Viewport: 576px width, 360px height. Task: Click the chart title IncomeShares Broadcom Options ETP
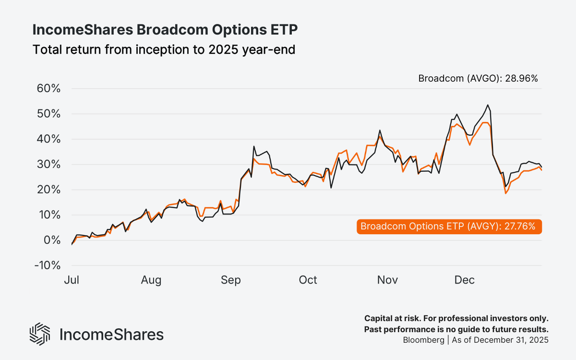coord(165,30)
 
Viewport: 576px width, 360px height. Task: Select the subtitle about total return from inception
coord(163,49)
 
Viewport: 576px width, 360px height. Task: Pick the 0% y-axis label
coord(50,240)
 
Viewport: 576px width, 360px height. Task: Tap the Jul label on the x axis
coord(72,280)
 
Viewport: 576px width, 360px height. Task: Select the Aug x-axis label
coord(151,280)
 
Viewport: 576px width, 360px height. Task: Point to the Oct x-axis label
coord(308,280)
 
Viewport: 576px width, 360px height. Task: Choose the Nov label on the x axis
coord(387,280)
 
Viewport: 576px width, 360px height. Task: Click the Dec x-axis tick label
coord(464,280)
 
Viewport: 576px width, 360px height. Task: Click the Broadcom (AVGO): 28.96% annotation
coord(478,78)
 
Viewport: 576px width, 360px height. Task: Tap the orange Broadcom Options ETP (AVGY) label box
coord(449,227)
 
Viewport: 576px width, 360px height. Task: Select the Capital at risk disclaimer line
coord(456,318)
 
